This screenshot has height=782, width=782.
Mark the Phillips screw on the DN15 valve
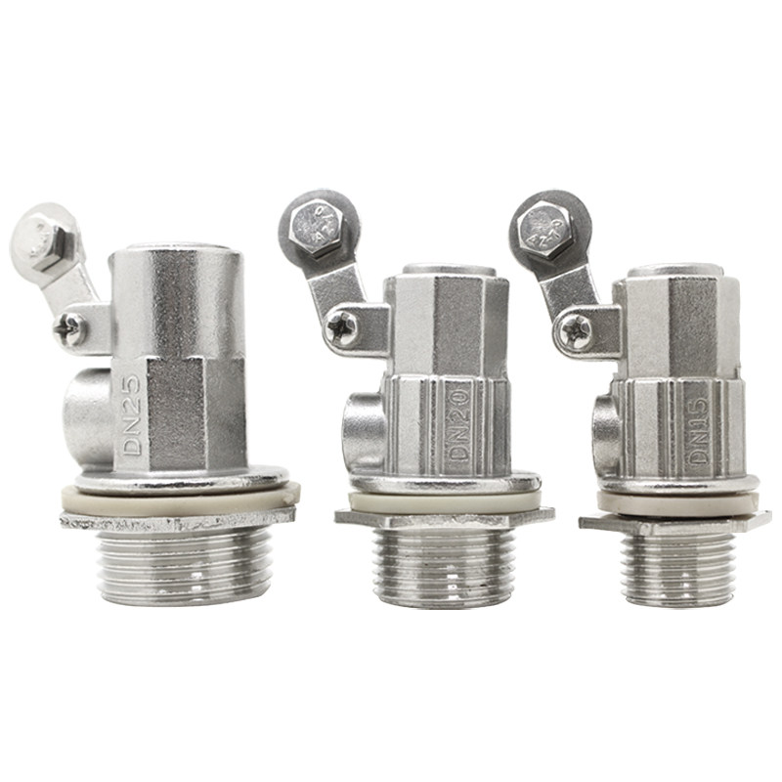(577, 332)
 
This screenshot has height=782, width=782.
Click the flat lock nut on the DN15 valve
(674, 524)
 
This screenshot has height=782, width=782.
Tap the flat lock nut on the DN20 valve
(445, 519)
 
